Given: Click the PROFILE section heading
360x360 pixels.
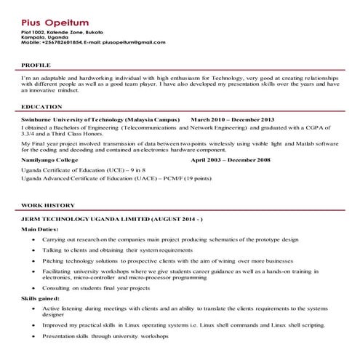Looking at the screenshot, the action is coord(36,65).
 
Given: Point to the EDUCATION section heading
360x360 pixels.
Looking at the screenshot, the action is coord(41,107).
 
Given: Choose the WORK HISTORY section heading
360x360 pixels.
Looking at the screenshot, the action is coord(48,207).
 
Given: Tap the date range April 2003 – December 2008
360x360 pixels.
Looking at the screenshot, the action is coord(231,159).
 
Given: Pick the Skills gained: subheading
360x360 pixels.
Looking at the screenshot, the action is coord(44,298).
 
